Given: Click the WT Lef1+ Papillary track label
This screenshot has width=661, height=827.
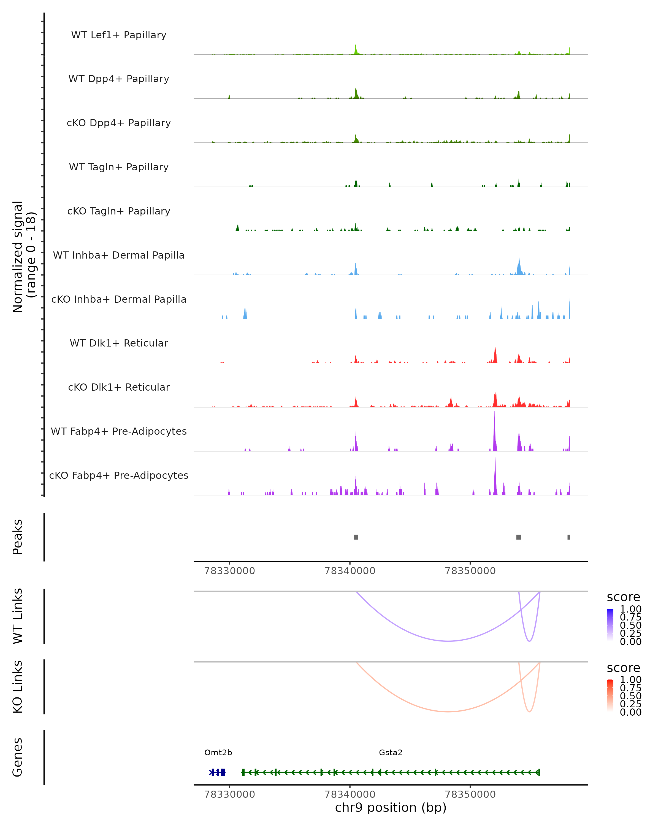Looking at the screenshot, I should (119, 35).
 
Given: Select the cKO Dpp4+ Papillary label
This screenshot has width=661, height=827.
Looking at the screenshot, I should (119, 123).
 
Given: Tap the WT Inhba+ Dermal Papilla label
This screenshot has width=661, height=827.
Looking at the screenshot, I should (119, 255).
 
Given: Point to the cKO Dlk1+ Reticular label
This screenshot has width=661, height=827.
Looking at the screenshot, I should (119, 387).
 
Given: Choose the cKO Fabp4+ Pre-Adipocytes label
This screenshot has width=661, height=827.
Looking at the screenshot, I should (119, 475).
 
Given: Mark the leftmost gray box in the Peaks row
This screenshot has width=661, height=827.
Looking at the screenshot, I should (356, 537).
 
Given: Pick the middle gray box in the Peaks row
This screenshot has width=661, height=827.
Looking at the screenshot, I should (519, 537).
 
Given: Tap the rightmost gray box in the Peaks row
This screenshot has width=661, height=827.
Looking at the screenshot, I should (569, 537).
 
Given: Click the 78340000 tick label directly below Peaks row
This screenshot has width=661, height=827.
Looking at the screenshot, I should (350, 571).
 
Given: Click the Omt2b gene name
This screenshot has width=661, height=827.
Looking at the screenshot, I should (218, 752).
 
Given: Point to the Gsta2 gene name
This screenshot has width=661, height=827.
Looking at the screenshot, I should (391, 752).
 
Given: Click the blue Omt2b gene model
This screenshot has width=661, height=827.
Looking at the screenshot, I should (217, 772).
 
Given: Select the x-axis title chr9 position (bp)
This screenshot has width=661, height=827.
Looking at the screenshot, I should (391, 807).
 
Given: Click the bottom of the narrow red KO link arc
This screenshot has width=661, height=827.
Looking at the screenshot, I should (529, 711).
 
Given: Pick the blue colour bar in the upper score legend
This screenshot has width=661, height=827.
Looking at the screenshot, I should (610, 625).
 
